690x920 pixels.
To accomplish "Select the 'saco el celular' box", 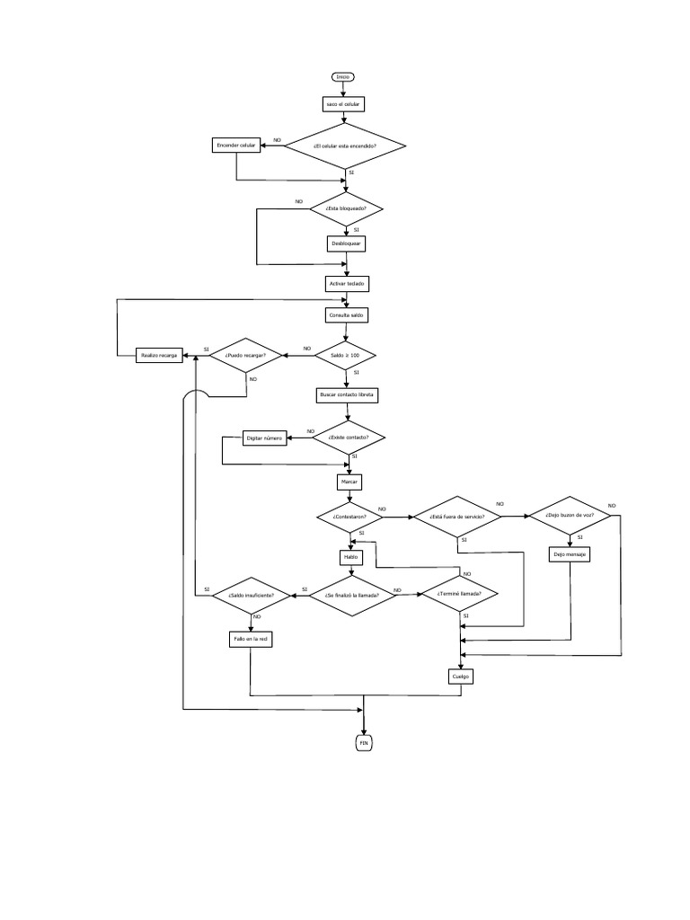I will click(345, 104).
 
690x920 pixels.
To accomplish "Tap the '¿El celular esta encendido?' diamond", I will click(346, 146).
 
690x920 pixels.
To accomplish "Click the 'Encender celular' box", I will click(236, 145).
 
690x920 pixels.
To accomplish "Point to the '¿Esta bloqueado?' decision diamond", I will click(346, 209).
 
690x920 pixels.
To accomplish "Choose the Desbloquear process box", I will click(346, 243).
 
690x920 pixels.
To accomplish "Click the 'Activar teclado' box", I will click(346, 283).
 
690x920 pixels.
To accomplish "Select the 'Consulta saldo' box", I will click(346, 315).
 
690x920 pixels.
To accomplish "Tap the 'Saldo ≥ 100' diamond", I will click(346, 356).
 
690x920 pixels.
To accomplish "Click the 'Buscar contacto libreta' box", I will click(347, 394).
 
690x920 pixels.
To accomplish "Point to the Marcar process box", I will click(349, 482).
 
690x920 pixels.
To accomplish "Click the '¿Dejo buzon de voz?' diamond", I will click(570, 516).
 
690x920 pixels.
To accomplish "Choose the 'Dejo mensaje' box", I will click(570, 554).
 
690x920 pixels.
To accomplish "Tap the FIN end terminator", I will click(364, 743).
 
